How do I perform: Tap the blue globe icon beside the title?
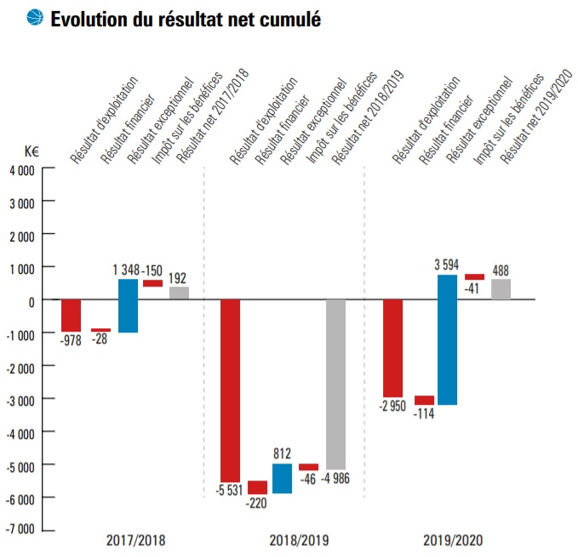tap(34, 18)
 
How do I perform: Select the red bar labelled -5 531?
tap(230, 390)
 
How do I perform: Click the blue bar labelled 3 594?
tap(447, 339)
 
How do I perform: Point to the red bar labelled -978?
tap(72, 315)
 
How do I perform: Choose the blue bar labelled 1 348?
tap(128, 305)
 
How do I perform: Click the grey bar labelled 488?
tap(501, 289)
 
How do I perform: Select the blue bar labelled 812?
tap(282, 478)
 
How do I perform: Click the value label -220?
tap(256, 503)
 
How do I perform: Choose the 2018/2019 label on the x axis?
tap(299, 540)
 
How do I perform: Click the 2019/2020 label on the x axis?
tap(451, 540)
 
